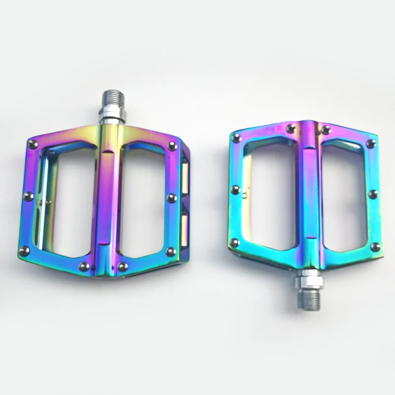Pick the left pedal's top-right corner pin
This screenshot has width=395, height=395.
point(172,146)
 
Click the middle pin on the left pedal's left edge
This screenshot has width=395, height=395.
point(28,196)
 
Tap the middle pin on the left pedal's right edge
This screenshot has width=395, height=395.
point(172,198)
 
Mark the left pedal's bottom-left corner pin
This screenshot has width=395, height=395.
point(24,251)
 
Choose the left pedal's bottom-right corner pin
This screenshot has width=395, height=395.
point(170,252)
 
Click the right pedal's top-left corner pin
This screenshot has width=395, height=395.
point(237,138)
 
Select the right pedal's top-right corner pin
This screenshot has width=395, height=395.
point(371,144)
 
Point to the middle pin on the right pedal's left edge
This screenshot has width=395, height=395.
point(236,190)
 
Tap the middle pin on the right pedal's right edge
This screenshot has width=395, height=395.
point(373,194)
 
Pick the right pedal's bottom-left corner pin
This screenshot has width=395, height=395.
point(235,243)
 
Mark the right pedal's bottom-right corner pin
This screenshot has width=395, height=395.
point(375,247)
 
